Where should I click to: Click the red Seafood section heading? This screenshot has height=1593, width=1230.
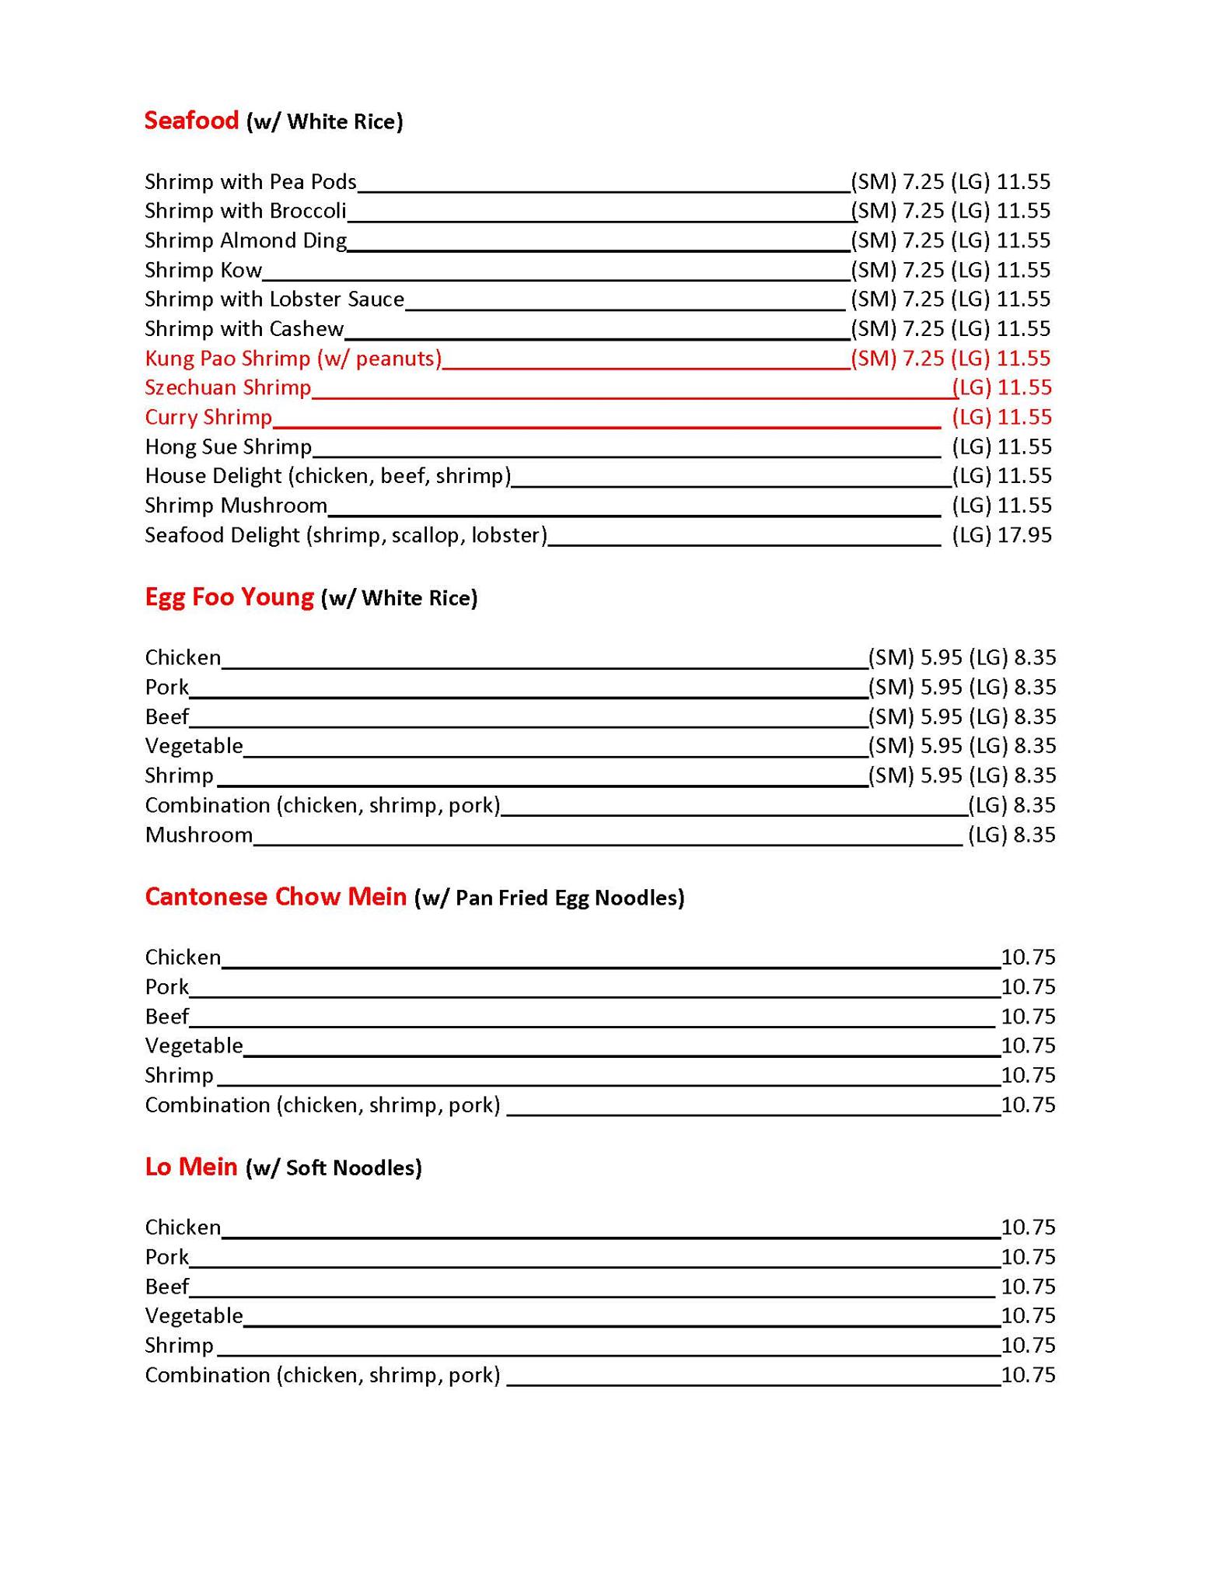[191, 121]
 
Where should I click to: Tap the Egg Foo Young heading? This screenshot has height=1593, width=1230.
[229, 597]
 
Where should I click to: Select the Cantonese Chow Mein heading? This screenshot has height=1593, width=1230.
[275, 897]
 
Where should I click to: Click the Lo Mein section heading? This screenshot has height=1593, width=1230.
[190, 1167]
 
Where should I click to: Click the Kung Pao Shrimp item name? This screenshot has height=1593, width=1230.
[292, 359]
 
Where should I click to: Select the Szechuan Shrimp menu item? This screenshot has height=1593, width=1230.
[228, 387]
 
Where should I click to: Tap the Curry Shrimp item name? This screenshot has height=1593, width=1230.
[208, 417]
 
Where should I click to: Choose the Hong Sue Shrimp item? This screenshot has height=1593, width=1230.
[228, 446]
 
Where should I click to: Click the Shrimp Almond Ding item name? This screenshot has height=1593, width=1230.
[246, 240]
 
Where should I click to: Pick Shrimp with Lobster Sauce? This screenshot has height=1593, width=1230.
[274, 299]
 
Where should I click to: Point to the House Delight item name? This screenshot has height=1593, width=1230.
[327, 476]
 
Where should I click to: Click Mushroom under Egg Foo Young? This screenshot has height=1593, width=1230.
[198, 835]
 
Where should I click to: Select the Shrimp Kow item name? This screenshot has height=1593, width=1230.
[203, 270]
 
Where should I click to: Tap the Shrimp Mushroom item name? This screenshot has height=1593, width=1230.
[236, 506]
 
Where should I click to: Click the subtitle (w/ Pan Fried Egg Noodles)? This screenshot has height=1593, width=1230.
[549, 898]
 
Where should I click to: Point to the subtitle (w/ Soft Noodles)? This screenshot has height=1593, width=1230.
[334, 1168]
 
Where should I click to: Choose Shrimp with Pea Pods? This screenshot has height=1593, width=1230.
[250, 182]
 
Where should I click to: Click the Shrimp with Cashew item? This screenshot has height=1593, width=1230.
[244, 329]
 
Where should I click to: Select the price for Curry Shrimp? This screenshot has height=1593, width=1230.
[1001, 417]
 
